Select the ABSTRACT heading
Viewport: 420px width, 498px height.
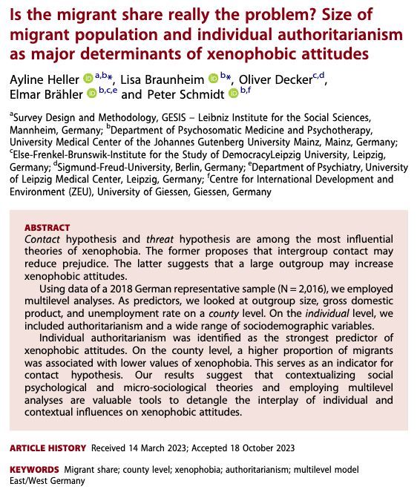pos(47,227)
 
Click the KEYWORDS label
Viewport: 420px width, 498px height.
pos(34,470)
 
